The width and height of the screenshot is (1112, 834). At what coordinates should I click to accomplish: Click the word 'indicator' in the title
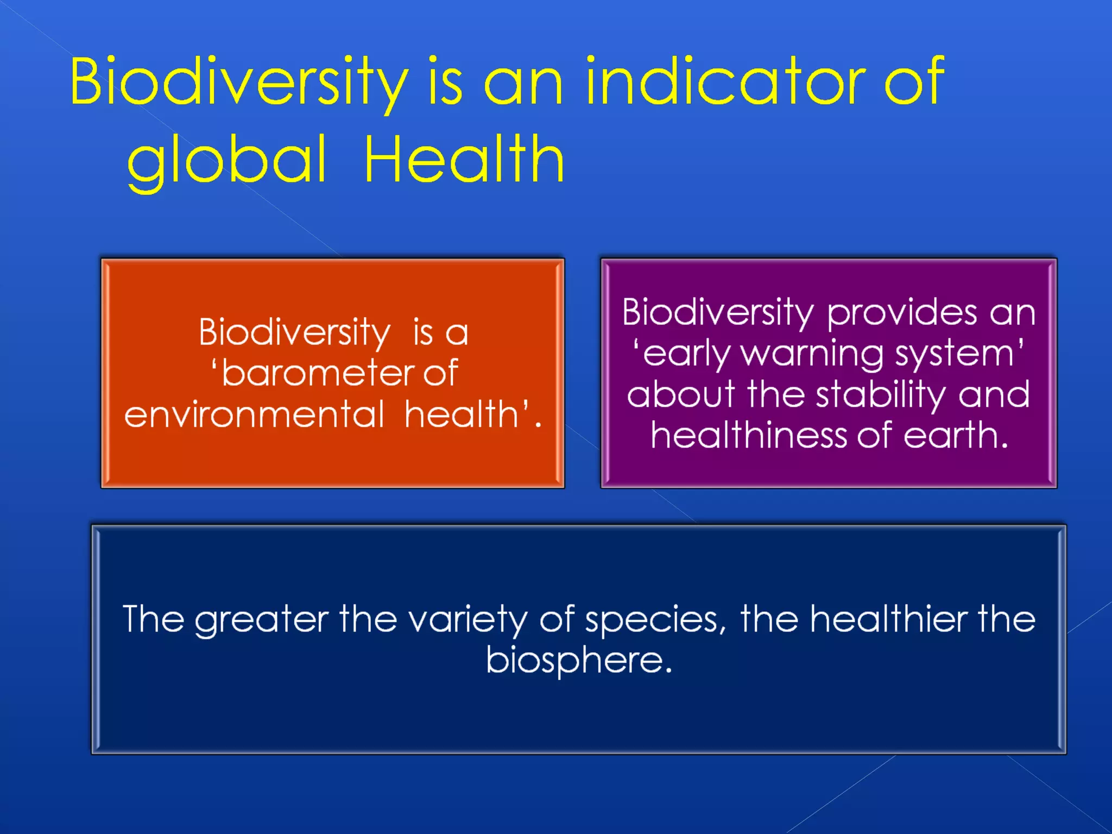[x=725, y=83]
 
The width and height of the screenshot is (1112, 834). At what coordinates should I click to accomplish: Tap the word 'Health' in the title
[x=464, y=160]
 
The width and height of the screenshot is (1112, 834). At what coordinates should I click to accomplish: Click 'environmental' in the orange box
[x=254, y=415]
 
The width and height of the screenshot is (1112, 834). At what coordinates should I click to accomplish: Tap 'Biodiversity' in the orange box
[x=294, y=332]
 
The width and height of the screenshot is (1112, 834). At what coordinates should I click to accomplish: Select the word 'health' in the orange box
[x=462, y=415]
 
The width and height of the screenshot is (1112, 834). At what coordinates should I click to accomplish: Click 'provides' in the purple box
[x=902, y=314]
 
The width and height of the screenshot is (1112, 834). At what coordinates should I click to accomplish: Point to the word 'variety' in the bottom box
[x=467, y=620]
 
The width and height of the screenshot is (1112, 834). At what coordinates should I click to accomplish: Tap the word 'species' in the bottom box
[x=652, y=620]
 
